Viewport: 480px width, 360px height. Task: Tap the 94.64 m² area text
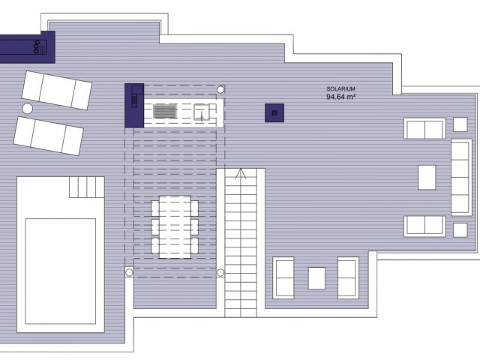341,97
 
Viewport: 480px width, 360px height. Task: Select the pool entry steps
86,186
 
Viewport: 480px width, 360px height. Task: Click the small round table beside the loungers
28,109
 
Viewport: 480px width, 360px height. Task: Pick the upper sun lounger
57,89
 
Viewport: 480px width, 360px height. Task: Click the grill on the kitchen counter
164,112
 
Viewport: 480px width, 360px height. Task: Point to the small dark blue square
274,112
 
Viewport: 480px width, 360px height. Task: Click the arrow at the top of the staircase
240,175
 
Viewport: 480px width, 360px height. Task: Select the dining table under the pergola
175,225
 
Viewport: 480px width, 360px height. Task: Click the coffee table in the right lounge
427,176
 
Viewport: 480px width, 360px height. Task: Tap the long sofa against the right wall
461,176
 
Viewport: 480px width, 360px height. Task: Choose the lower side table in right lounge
460,229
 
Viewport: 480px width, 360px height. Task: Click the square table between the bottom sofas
316,278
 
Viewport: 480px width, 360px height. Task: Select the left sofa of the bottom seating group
284,277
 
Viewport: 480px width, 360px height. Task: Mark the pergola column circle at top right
220,89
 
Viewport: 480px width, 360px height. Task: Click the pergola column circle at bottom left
129,272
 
